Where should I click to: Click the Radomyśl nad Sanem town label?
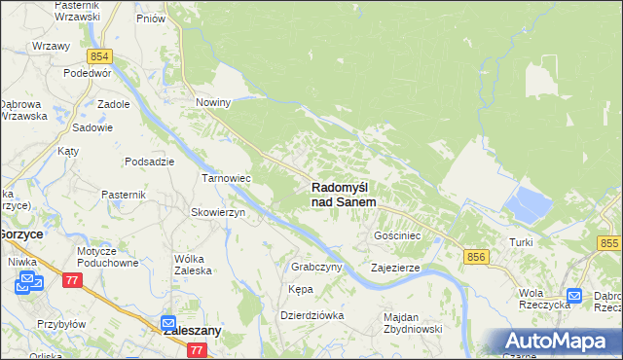click(344, 194)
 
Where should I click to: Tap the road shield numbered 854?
click(99, 57)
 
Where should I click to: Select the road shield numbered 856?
click(475, 256)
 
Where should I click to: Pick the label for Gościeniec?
click(397, 235)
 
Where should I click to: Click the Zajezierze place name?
click(395, 267)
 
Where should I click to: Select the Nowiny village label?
click(212, 102)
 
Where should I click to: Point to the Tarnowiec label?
click(226, 179)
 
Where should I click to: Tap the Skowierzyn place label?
click(217, 212)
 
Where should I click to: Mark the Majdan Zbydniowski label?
click(413, 323)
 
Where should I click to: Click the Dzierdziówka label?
click(312, 315)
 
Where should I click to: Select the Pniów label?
click(151, 18)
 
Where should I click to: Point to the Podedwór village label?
click(88, 74)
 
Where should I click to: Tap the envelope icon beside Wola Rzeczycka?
click(574, 296)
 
